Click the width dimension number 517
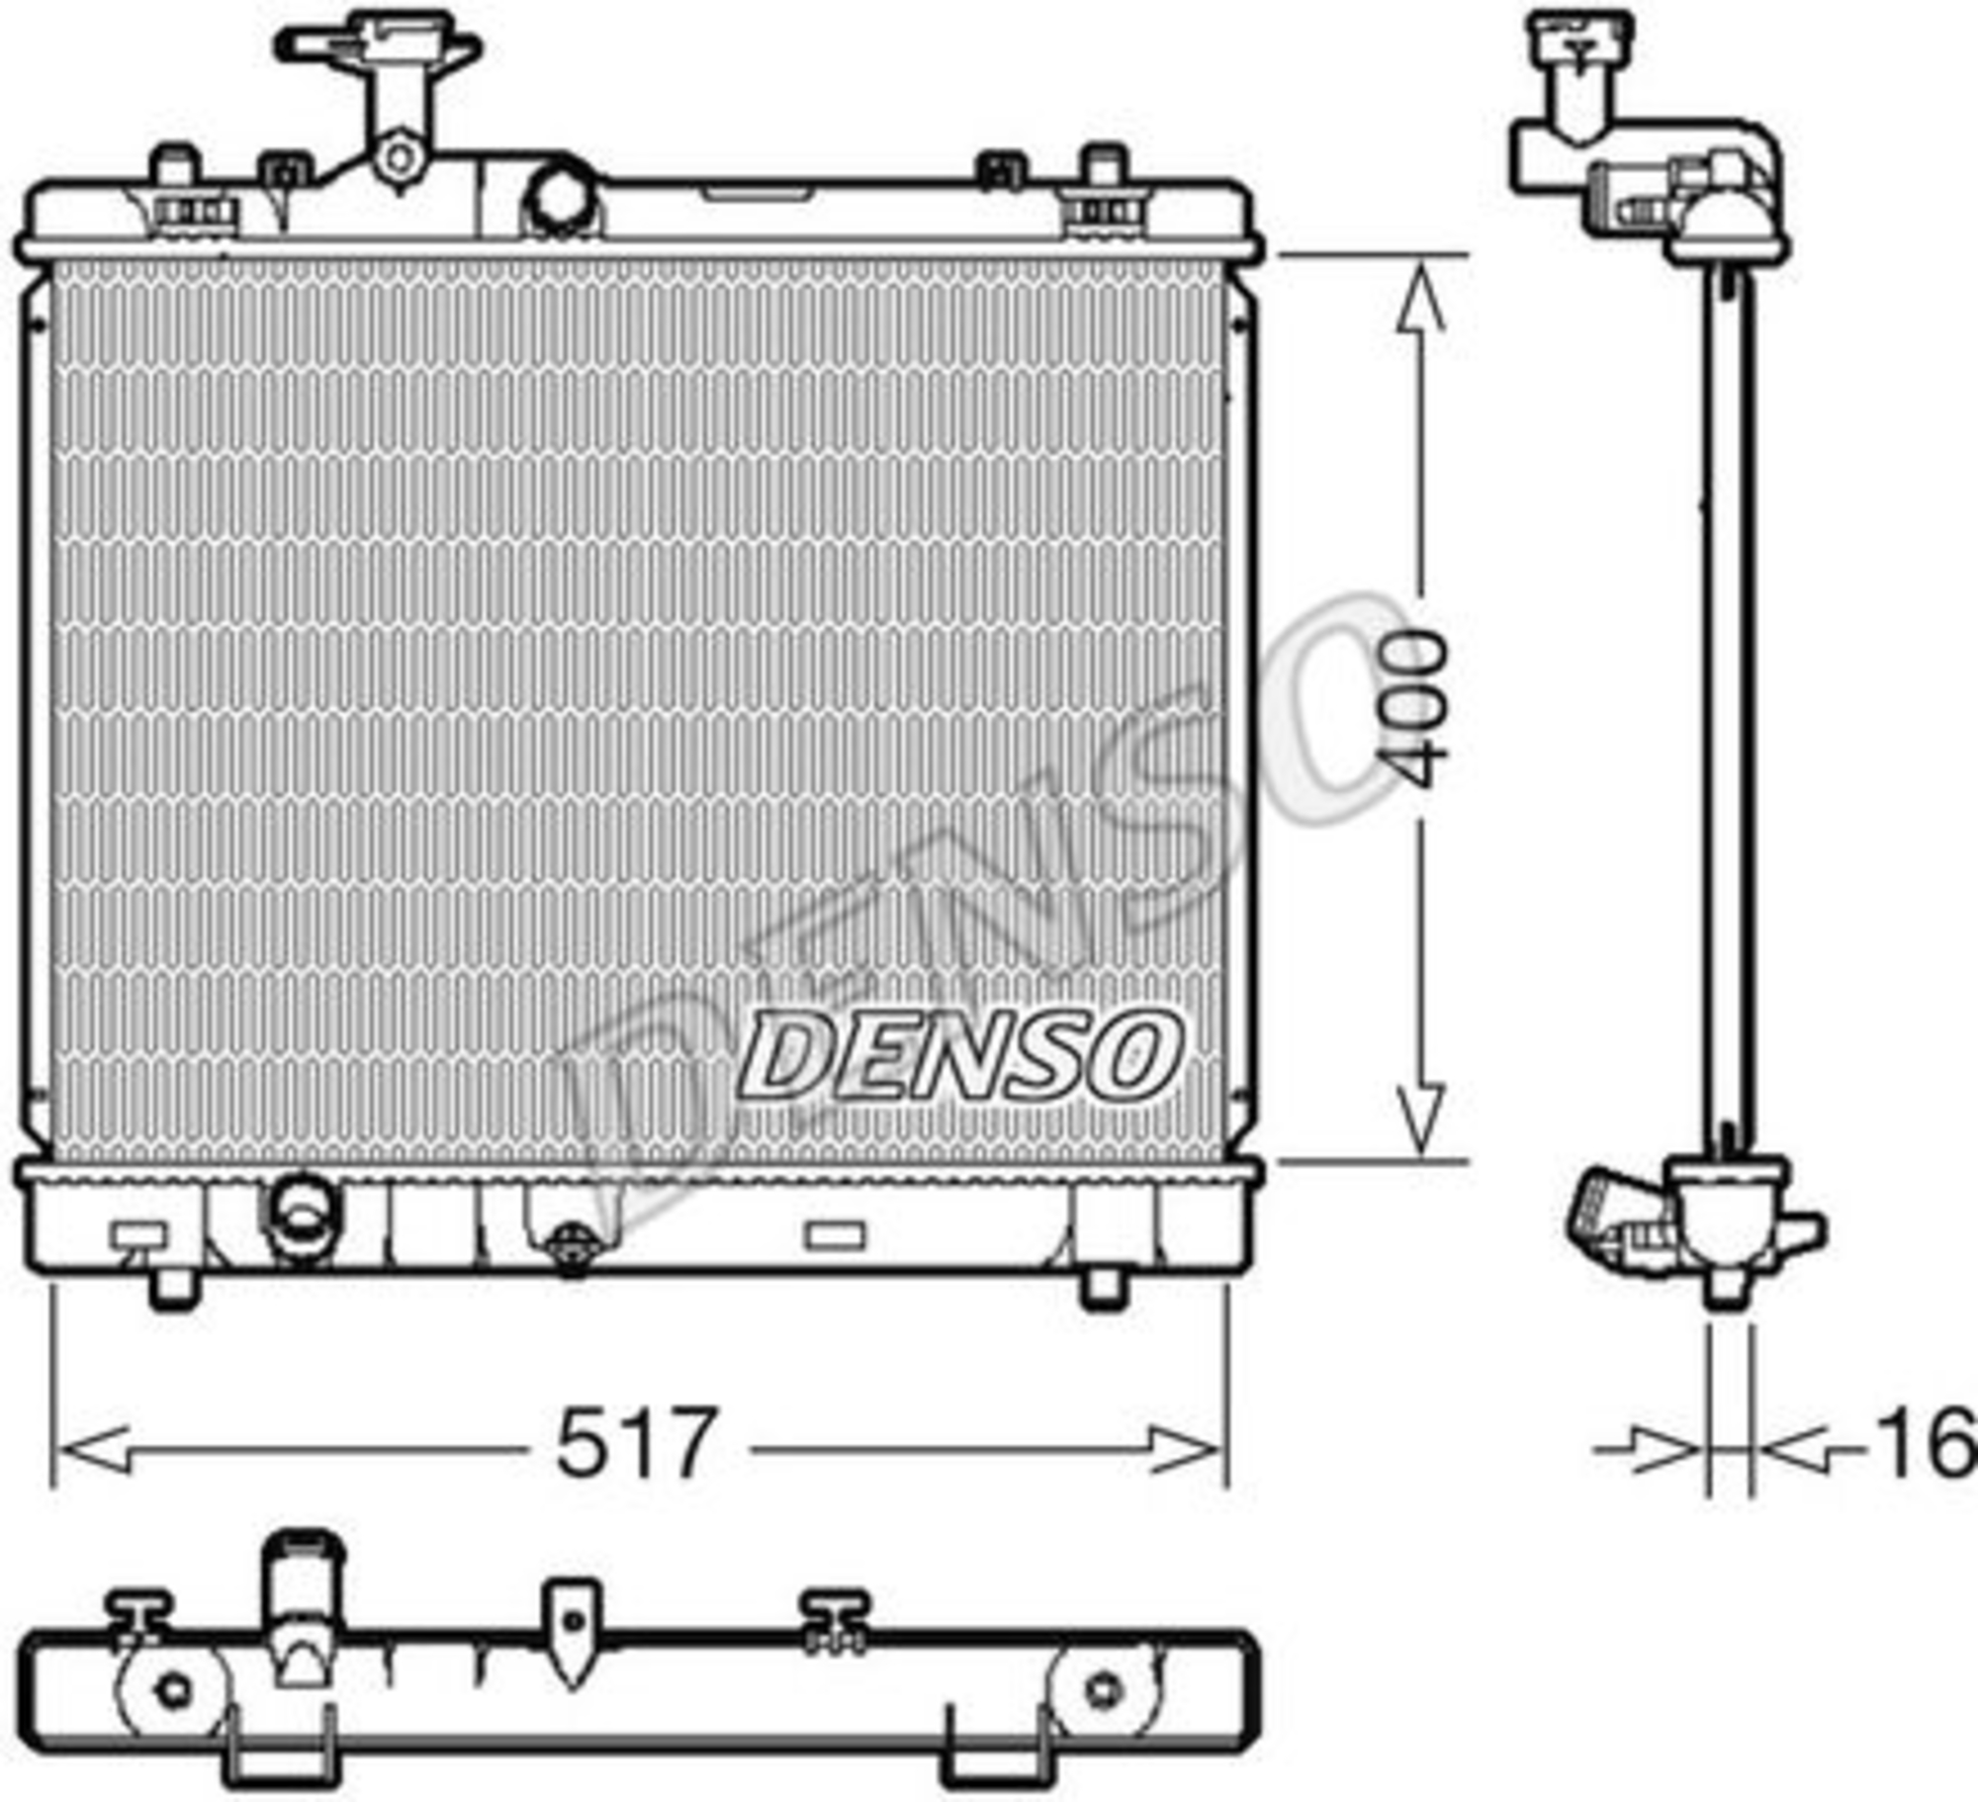(634, 1443)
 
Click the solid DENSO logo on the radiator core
(957, 1056)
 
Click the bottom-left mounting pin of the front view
(174, 1289)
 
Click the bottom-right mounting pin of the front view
(1104, 1289)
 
